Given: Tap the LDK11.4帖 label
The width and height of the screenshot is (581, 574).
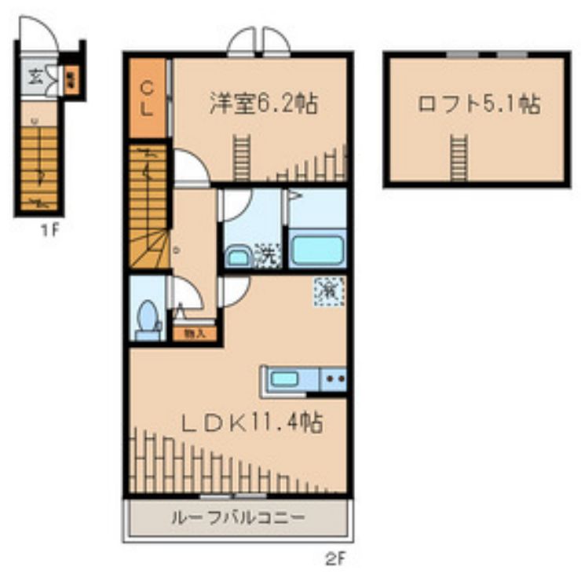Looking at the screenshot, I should pos(254,423).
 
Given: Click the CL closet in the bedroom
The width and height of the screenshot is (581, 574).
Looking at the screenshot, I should pos(148,98).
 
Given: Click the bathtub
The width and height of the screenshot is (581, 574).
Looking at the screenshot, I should pos(317,250).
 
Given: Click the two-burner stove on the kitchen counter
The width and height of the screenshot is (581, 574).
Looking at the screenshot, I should pos(335,379).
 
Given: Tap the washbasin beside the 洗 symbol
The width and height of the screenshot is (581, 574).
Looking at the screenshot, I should pos(239,256).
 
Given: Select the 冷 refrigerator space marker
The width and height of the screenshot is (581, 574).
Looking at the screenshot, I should pos(328,291).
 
